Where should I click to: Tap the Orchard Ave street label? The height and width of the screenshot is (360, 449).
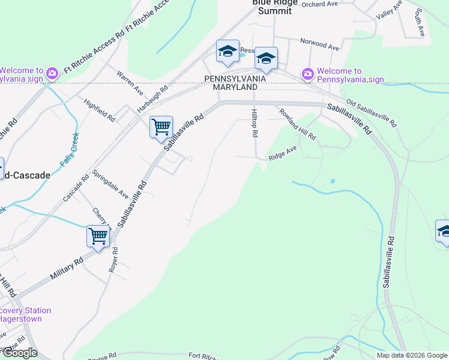(x=321, y=4)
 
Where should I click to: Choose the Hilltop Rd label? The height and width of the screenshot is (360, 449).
(x=255, y=123)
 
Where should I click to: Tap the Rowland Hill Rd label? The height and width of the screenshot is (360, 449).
(x=297, y=124)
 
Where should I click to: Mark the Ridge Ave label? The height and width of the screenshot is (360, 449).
(x=283, y=155)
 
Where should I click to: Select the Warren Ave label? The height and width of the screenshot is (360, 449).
(x=130, y=83)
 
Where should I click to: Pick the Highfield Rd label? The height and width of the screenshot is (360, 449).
(x=99, y=110)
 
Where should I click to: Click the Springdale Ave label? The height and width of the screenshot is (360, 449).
(x=110, y=184)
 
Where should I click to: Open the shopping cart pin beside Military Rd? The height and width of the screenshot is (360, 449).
(x=98, y=235)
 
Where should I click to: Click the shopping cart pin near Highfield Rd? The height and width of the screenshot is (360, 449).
(x=161, y=127)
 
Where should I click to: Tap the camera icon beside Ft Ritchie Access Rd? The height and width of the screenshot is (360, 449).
(x=52, y=73)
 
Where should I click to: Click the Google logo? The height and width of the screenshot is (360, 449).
(x=19, y=353)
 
